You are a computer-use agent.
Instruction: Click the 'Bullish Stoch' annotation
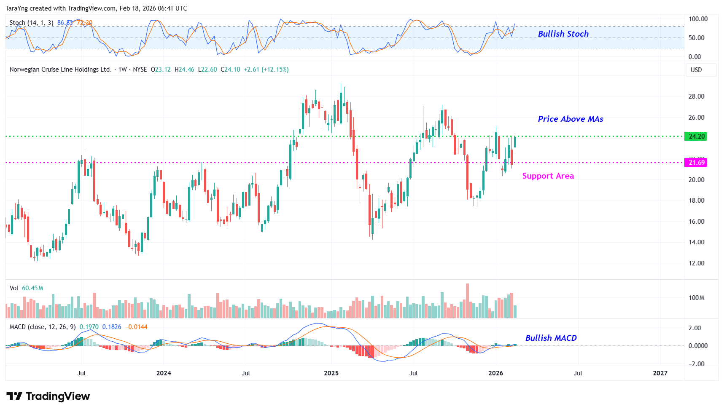point(563,34)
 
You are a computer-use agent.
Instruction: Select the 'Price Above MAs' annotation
point(570,119)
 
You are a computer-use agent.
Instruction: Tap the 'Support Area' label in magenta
point(548,176)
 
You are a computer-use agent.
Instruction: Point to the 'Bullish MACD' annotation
point(551,338)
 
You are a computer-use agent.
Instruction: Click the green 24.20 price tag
point(696,136)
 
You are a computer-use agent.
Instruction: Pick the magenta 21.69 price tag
point(696,163)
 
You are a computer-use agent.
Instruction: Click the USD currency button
point(696,70)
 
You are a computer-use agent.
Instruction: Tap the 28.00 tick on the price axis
point(696,96)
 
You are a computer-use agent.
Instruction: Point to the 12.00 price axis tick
point(696,263)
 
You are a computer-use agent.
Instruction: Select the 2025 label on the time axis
point(331,373)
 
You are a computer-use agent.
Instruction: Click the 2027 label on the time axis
point(660,373)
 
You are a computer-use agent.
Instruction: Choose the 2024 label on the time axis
point(164,373)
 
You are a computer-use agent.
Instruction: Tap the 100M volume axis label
point(696,298)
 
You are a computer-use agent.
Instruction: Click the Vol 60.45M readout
point(27,288)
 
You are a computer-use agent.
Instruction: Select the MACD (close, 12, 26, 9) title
point(43,327)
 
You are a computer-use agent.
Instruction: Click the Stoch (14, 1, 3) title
point(32,23)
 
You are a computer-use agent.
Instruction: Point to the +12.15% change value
point(275,70)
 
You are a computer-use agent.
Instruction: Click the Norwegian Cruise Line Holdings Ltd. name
point(60,70)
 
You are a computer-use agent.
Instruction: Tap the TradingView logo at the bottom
point(48,396)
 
